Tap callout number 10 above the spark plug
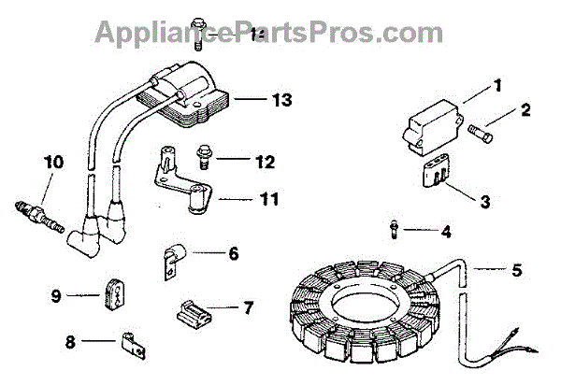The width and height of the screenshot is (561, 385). point(52,162)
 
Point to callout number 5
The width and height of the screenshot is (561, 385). point(516,272)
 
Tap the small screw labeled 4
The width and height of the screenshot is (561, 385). point(397,227)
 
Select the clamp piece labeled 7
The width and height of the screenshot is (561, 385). point(189,308)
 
